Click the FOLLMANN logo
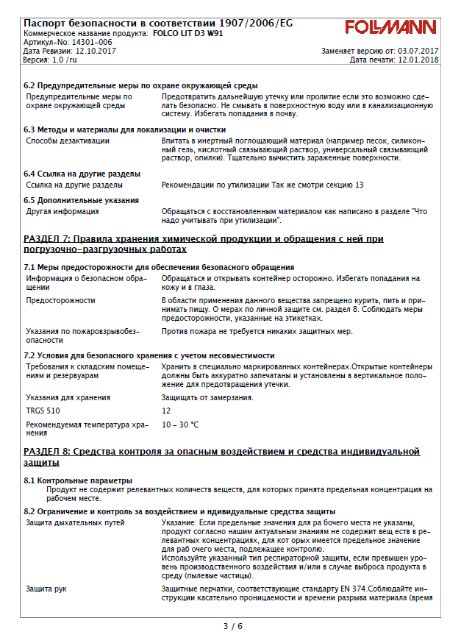point(390,28)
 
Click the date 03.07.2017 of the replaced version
point(417,51)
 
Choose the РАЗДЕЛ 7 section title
point(204,244)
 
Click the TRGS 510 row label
point(43,411)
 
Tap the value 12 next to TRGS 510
point(166,411)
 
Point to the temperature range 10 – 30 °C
point(180,424)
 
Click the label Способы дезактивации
point(62,139)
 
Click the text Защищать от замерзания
point(207,397)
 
